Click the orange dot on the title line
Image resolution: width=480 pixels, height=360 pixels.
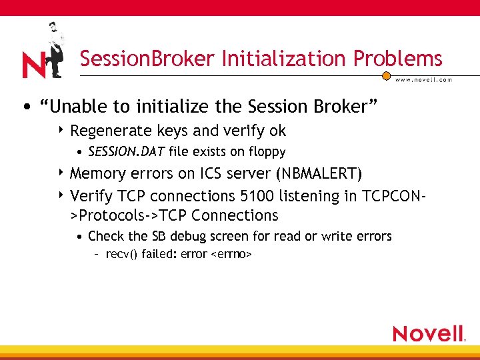385,76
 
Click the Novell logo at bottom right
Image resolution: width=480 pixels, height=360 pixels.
428,333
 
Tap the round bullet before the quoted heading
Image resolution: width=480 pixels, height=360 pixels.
24,107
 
